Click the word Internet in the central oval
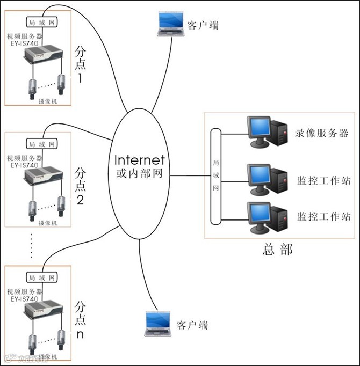tap(140, 160)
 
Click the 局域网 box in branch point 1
tap(41, 23)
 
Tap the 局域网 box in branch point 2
tap(41, 144)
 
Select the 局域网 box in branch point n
tap(41, 277)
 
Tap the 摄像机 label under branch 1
tap(48, 101)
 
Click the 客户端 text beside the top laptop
tap(203, 25)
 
